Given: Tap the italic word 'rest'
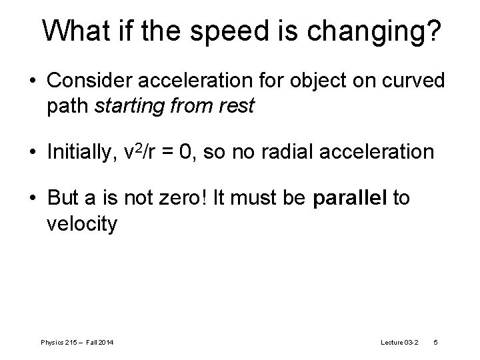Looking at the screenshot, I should tap(239, 107).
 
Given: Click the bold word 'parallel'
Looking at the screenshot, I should tap(351, 199).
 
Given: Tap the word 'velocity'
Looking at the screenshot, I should tap(82, 225).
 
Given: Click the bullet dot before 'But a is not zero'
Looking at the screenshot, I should tap(33, 199).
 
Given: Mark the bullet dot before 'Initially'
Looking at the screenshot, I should tap(33, 153).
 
